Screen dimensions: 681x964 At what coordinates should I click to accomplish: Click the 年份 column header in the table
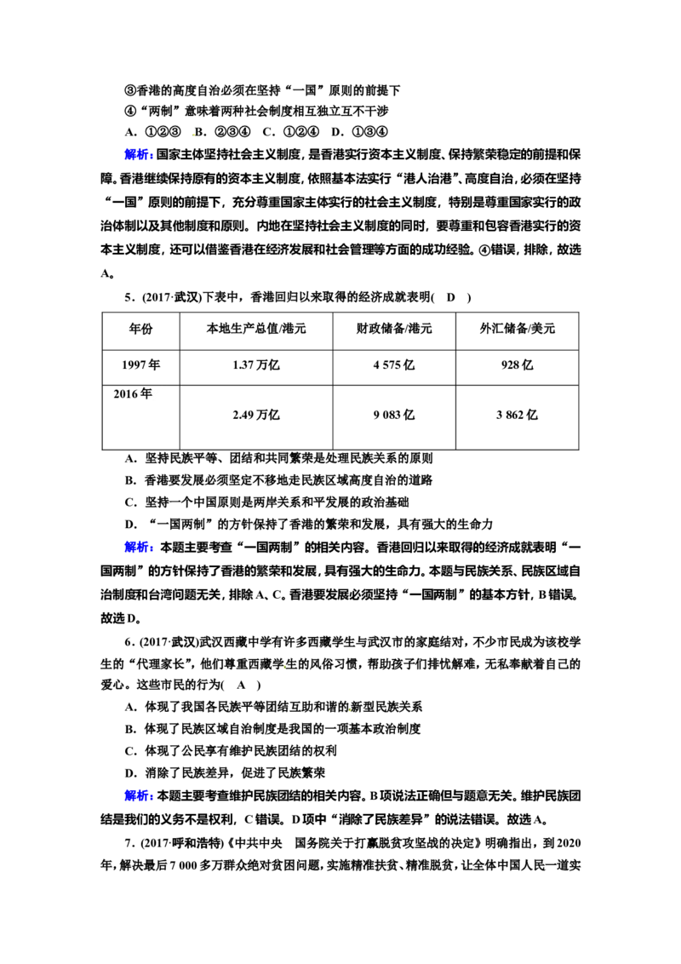point(140,329)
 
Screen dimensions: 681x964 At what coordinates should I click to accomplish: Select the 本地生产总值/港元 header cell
point(255,329)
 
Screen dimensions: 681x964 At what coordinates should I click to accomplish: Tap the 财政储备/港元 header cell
point(394,329)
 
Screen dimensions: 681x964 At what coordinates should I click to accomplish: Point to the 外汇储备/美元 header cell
point(517,329)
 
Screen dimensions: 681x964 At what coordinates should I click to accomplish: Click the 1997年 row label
point(140,365)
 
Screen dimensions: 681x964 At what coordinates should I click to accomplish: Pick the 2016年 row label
point(133,394)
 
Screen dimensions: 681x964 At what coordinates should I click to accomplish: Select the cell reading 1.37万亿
point(255,365)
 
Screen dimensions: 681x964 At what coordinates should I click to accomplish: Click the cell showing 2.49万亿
point(255,415)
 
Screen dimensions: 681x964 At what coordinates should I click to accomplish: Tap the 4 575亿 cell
point(394,365)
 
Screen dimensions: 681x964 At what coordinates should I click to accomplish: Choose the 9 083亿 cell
point(394,415)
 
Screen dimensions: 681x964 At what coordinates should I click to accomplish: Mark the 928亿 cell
point(517,365)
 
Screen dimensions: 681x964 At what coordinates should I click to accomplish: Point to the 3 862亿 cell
point(517,415)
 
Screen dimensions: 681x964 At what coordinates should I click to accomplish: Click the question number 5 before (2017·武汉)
point(128,297)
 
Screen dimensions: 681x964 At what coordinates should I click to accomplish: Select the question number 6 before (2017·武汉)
point(128,642)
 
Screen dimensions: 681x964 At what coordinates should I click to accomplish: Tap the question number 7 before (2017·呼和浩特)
point(128,843)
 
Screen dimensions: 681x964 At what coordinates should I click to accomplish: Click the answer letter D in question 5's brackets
point(450,297)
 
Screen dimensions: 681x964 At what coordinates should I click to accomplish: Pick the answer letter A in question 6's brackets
point(241,686)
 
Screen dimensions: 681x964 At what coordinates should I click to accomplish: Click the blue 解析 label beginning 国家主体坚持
point(138,155)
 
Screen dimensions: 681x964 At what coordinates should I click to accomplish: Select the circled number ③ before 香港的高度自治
point(129,90)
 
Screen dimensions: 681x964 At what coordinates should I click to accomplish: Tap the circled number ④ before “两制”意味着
point(129,112)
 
